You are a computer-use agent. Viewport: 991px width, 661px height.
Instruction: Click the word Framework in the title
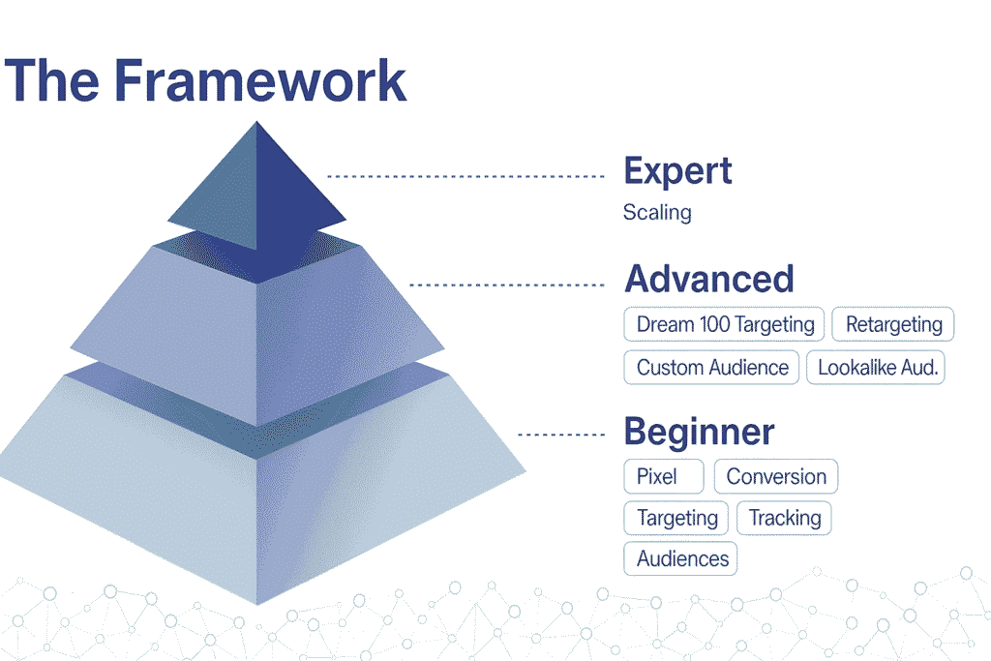(259, 80)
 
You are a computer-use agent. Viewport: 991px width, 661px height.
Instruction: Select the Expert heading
(677, 170)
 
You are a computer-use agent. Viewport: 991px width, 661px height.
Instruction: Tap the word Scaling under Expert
(657, 212)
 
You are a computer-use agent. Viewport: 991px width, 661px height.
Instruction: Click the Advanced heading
(709, 279)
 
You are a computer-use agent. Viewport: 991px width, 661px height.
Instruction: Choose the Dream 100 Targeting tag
(724, 324)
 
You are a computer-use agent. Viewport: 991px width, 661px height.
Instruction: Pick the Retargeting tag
(893, 324)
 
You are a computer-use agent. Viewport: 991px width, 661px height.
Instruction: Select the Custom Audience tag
(711, 367)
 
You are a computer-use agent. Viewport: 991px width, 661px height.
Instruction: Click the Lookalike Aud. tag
(876, 367)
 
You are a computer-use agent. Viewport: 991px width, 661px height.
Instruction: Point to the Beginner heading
(699, 432)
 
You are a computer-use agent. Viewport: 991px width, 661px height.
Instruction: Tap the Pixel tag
(664, 476)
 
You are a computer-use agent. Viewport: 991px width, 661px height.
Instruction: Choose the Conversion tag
(776, 476)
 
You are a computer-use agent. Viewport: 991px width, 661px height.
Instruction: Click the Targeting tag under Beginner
(676, 518)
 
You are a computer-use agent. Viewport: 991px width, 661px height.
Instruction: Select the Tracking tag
(784, 518)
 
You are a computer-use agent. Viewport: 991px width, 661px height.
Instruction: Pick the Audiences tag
(680, 558)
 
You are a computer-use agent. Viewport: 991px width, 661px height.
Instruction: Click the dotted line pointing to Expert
(465, 176)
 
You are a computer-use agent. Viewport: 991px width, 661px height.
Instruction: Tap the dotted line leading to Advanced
(507, 285)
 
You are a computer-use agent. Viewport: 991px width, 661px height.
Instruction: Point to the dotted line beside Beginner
(562, 435)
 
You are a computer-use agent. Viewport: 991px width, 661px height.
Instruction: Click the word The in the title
(52, 80)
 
